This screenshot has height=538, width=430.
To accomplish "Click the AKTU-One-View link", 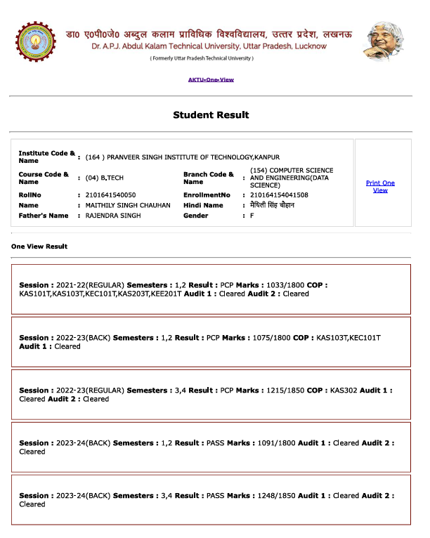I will [x=211, y=80].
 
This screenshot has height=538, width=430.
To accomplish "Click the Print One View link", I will [x=380, y=186].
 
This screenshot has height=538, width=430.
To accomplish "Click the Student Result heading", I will [x=211, y=114].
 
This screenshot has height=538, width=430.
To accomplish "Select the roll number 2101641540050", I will [x=110, y=195].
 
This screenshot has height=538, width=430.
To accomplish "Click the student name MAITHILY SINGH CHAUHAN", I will [x=128, y=205].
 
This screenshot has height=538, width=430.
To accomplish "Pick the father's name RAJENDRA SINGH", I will [x=112, y=216].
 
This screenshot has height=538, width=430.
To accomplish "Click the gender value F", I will [x=252, y=216].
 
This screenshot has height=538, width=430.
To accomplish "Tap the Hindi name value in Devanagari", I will [x=273, y=205].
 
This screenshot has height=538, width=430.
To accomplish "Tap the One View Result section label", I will [x=39, y=247].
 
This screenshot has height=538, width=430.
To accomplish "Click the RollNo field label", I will [x=30, y=195].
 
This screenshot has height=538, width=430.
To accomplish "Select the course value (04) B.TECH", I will [x=104, y=178].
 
